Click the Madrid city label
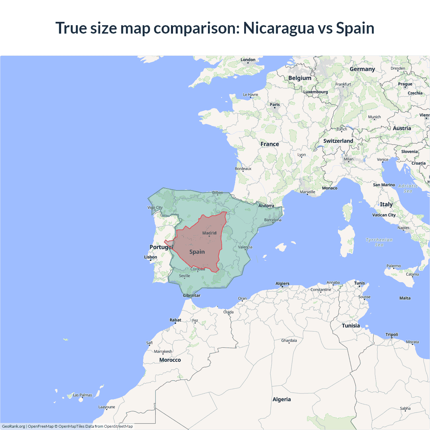coord(209,233)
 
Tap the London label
coord(248,60)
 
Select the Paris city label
coord(275,104)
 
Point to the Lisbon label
coord(150,257)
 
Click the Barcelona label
coord(273,220)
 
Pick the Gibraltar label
coord(191,296)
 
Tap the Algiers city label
coord(282,284)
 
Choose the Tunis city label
coord(359,283)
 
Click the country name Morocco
coord(170,360)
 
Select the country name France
coord(270,144)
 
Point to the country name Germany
coord(362,69)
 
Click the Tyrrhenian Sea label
coord(379,242)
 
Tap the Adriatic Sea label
coord(408,188)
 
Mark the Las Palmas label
coord(82,395)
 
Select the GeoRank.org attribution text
coord(13,426)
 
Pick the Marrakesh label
coord(163,351)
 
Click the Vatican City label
coord(384,215)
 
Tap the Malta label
coord(405,298)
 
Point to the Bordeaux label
coord(243,169)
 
